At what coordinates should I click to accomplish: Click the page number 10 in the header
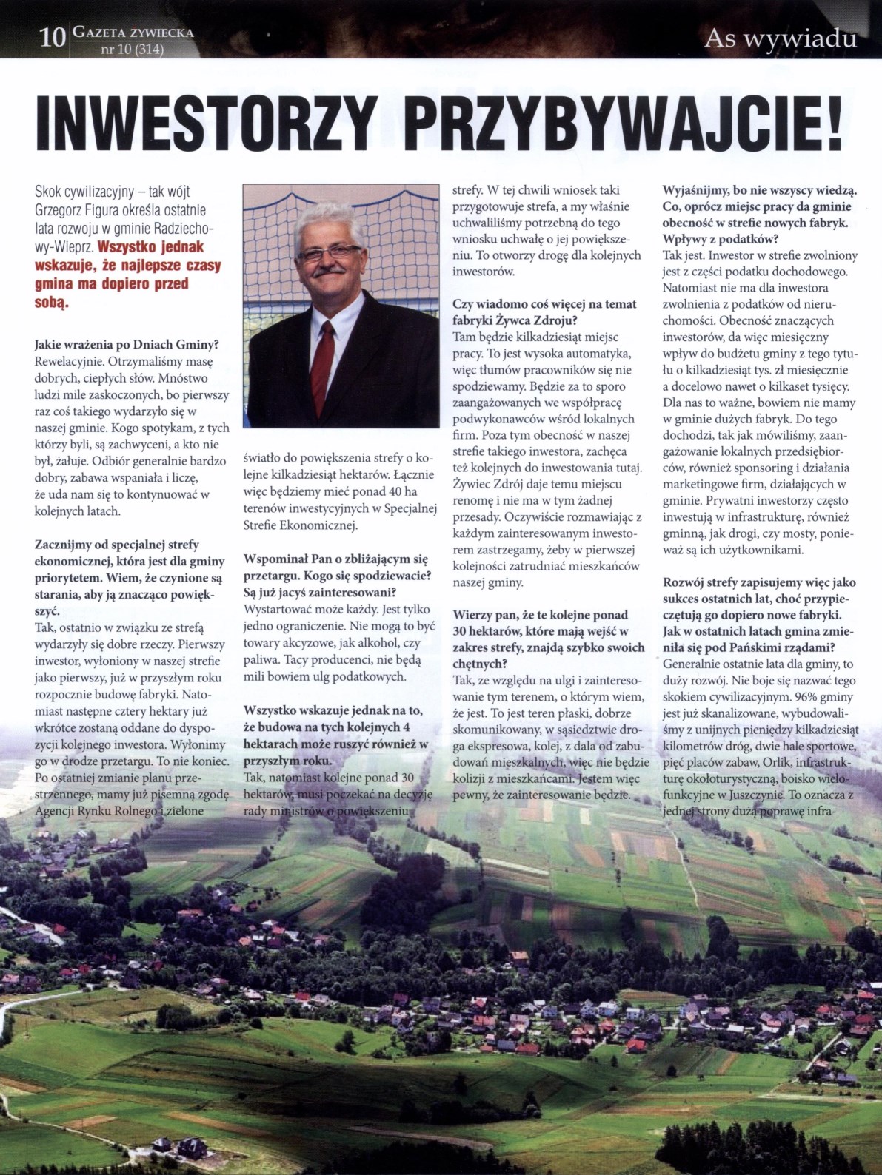tap(53, 38)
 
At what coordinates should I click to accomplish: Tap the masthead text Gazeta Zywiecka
tap(134, 33)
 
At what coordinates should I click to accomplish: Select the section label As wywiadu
tap(781, 38)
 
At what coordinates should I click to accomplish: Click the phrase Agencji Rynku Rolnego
tap(96, 811)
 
